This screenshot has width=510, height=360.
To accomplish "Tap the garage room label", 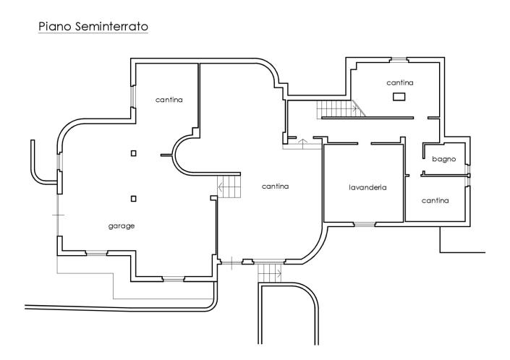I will pos(122,226).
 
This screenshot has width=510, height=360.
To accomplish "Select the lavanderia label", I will pos(367,187).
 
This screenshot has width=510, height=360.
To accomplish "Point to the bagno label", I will pos(443,158).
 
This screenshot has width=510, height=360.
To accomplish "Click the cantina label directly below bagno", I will pos(435,200).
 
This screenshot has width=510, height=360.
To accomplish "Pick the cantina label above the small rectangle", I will pos(399,82).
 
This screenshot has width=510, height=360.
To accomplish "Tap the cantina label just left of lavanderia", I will pos(275,187).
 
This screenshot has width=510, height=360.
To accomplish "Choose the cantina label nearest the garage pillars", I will pos(169,99).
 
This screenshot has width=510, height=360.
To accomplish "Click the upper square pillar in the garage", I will pos(134,153).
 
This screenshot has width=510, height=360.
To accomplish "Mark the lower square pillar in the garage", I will pos(134,198).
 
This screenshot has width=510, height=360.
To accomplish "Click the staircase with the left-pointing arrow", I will pos(229,189).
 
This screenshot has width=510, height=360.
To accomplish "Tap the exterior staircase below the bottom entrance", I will pos(268,273).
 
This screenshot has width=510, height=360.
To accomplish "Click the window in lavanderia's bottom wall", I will pos(365,224).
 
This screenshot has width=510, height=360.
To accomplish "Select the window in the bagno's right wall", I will pos(469,171).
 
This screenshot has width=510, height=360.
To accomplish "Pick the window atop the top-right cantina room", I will pos(399,59).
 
